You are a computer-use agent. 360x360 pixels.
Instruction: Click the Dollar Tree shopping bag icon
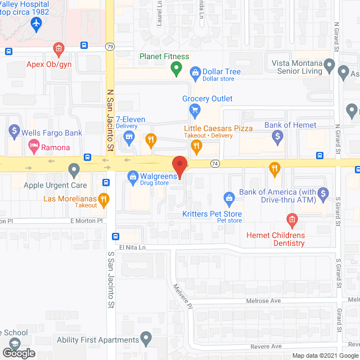[x=195, y=71]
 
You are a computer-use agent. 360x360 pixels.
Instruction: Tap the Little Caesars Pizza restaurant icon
[x=196, y=146]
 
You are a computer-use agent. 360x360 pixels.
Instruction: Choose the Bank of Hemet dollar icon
[x=277, y=136]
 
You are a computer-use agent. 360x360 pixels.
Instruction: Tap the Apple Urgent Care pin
[x=74, y=169]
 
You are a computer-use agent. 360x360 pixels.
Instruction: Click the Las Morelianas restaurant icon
[x=103, y=198]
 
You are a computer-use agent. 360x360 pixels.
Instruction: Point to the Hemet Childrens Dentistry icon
[x=291, y=219]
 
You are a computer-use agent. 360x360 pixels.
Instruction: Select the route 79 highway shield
[x=110, y=46]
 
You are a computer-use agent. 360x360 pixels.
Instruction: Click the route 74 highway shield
[x=215, y=163]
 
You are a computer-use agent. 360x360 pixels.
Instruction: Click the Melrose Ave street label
[x=263, y=301]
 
